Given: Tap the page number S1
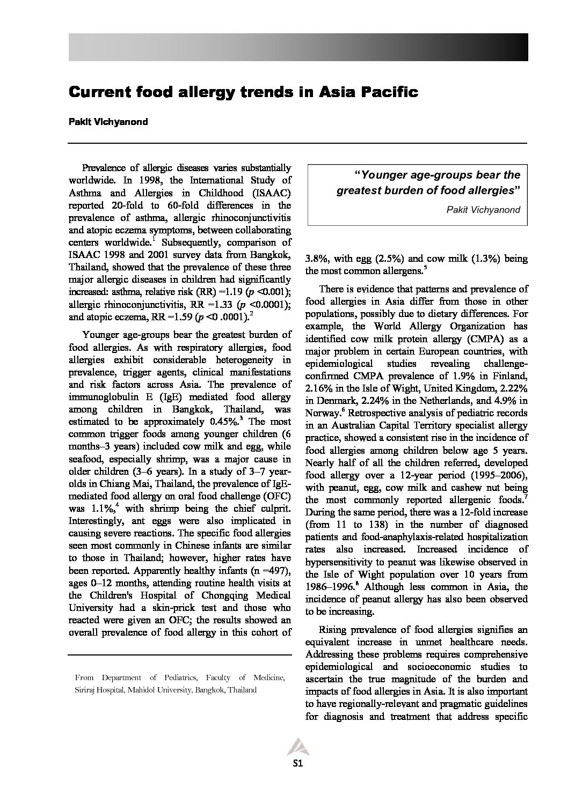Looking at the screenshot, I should (298, 764).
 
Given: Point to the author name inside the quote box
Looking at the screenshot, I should (483, 209).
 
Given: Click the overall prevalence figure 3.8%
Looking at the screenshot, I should (317, 259).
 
